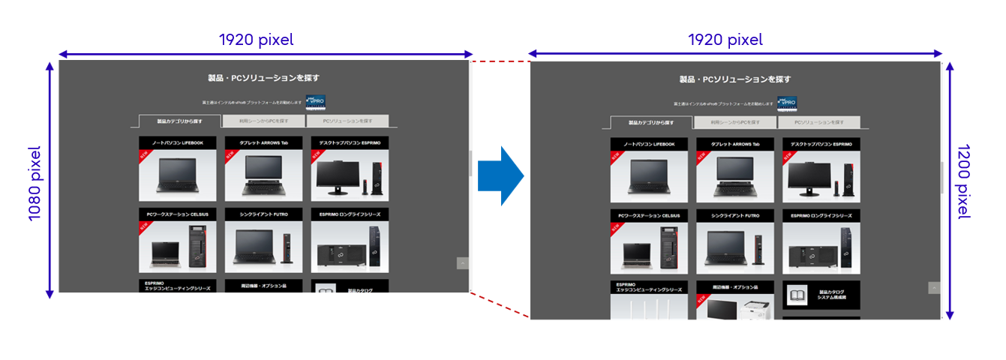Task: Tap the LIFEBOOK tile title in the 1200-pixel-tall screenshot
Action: pyautogui.click(x=649, y=144)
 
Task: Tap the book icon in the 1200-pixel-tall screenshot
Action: pyautogui.click(x=797, y=295)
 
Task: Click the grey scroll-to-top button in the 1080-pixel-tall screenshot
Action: pyautogui.click(x=463, y=263)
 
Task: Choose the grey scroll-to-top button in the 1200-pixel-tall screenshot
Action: pyautogui.click(x=934, y=287)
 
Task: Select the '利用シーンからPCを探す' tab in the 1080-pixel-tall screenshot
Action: pyautogui.click(x=263, y=121)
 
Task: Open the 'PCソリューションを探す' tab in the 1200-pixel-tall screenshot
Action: pyautogui.click(x=818, y=122)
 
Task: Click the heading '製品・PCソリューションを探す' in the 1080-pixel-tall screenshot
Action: pyautogui.click(x=263, y=78)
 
